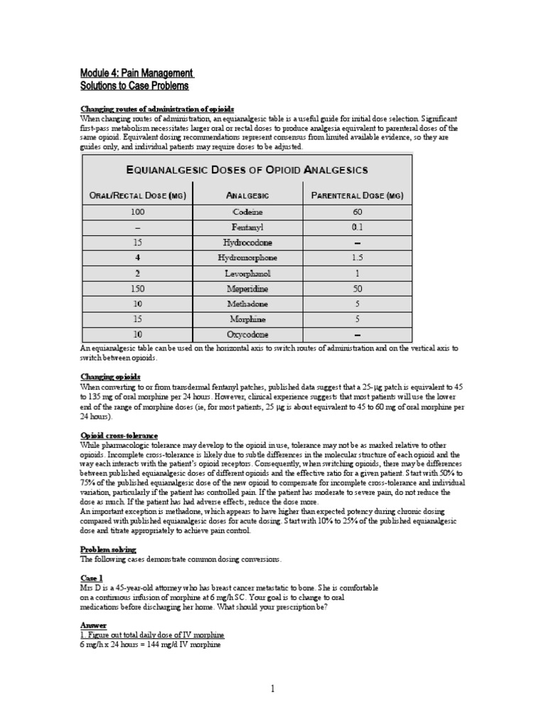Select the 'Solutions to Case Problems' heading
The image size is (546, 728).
tap(134, 86)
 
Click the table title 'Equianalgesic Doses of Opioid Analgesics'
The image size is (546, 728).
tap(247, 169)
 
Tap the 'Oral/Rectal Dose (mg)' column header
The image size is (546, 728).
tap(138, 196)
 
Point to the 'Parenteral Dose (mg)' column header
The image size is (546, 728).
tap(357, 196)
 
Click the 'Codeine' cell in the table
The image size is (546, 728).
tap(247, 212)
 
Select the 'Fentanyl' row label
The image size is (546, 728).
tap(247, 227)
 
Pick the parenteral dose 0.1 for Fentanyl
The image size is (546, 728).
tap(357, 227)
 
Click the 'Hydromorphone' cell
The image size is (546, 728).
tap(247, 258)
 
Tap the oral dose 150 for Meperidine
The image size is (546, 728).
tap(138, 289)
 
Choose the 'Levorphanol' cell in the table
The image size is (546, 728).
tap(247, 273)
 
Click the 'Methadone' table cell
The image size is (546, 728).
tap(247, 304)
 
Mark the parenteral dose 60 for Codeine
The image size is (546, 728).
tap(357, 212)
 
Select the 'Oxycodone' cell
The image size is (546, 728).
tap(247, 335)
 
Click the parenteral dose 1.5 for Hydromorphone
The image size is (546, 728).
tap(357, 258)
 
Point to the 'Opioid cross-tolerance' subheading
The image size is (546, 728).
tap(119, 435)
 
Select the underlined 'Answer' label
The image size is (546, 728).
tap(93, 626)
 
